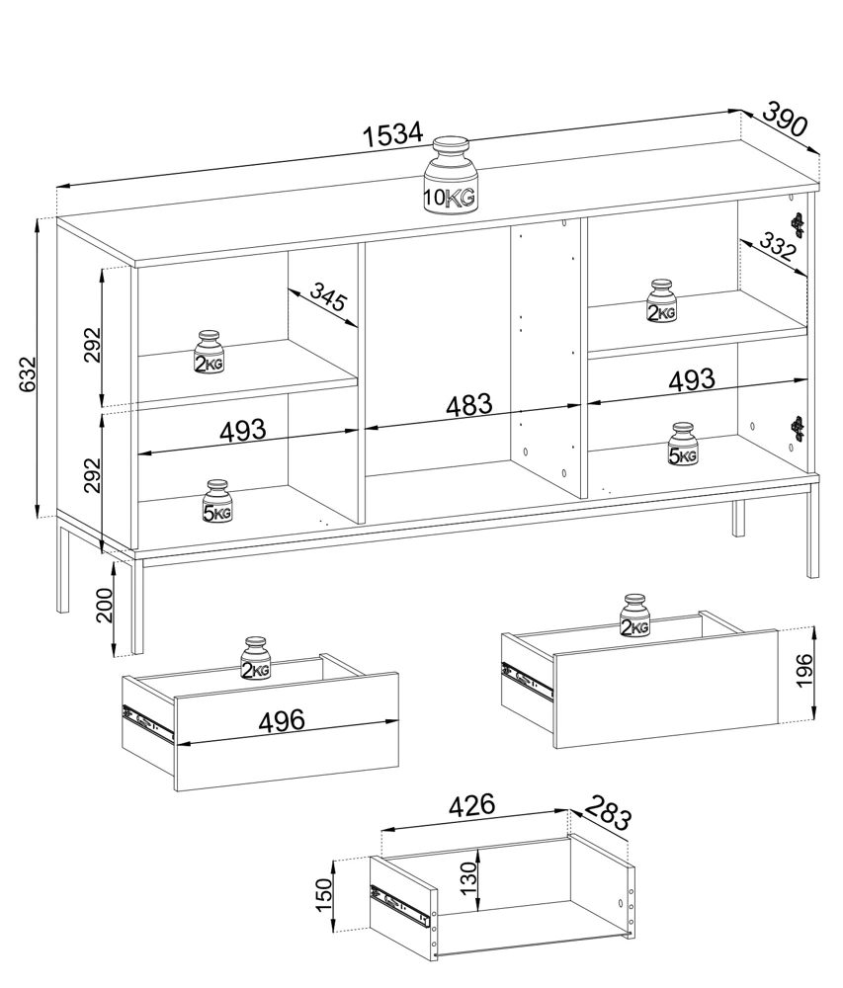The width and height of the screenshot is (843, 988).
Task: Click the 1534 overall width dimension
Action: (393, 133)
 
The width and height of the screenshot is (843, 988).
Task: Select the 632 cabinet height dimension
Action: (27, 373)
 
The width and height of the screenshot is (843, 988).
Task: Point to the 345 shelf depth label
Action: (328, 297)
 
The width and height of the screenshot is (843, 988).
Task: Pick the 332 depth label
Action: (777, 247)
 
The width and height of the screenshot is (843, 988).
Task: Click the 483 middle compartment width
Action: (469, 406)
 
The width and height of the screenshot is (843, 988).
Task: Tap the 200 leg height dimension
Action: (105, 605)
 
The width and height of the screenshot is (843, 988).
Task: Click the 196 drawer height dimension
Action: (804, 671)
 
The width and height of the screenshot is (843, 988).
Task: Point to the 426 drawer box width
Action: (472, 804)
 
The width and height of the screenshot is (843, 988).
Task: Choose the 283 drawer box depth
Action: (608, 813)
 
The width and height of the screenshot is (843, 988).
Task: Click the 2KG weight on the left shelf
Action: (209, 352)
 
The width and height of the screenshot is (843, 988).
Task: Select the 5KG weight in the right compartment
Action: (683, 445)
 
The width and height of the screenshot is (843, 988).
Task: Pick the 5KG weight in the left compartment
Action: (217, 502)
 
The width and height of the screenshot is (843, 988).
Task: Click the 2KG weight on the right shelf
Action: (661, 301)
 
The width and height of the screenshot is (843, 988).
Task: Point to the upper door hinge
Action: (799, 224)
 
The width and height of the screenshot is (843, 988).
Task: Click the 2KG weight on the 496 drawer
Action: (255, 659)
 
